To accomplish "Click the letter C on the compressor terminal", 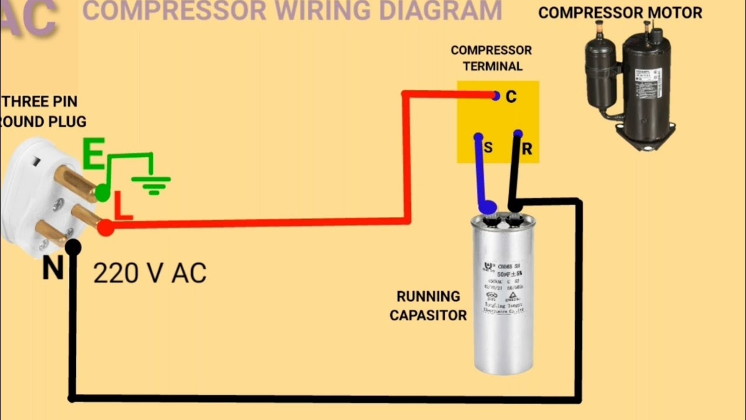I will coord(511,97).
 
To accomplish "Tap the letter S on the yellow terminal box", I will coord(488,148).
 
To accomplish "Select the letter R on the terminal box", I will coord(527,149).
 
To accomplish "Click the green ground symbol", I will coord(151,184).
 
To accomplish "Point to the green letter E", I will coord(93,155).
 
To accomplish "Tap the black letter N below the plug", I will coord(52,269).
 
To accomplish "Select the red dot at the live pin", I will coord(105,228).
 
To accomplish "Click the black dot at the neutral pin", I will coord(73,247).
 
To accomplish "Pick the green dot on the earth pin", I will coord(103,193).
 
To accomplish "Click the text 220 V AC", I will coord(150,274).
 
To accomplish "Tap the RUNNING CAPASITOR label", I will coord(428,306).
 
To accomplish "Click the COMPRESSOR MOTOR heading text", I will coord(620,13).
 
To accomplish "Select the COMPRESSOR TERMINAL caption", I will coord(491,58).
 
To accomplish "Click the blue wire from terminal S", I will coord(481,175).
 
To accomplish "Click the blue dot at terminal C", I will coord(495,96).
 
